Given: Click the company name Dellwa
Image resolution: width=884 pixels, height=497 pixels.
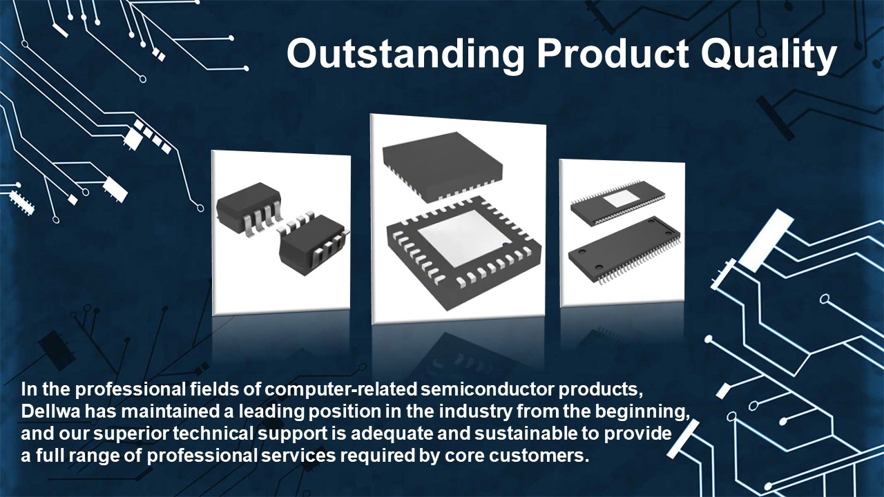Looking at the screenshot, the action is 51,411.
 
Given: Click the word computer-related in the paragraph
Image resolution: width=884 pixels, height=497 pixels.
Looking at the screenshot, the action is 340,389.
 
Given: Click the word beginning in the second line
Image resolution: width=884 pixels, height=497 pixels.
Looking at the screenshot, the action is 642,412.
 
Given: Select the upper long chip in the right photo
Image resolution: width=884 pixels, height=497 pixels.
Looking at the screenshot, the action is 618,203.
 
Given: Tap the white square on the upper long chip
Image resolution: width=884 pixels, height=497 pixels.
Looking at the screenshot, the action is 619,199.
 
